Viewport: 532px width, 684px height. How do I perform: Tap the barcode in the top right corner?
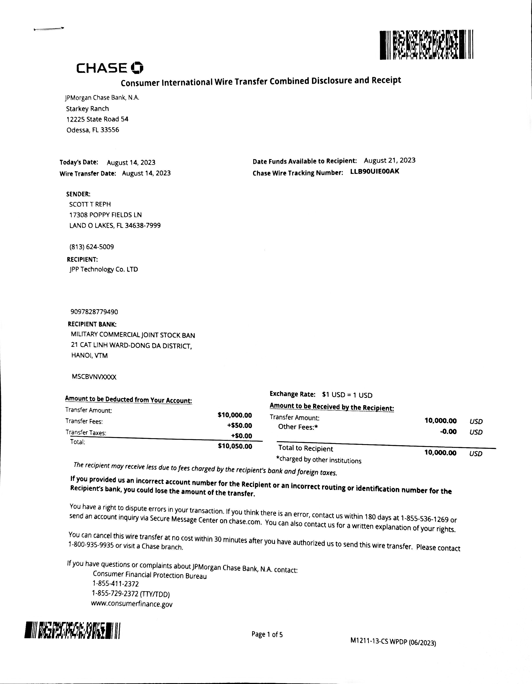click(x=426, y=45)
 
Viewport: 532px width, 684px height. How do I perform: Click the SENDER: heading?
click(x=78, y=194)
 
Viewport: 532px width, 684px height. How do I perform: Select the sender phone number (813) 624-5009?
click(x=92, y=247)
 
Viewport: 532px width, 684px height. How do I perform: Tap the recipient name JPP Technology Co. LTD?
click(x=104, y=269)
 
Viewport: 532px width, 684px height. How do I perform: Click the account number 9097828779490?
click(x=94, y=312)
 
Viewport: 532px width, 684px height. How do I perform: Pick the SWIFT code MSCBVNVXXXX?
click(x=94, y=377)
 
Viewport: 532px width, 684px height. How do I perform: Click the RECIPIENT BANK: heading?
click(x=92, y=324)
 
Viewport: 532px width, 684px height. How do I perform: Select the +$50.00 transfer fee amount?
click(x=240, y=425)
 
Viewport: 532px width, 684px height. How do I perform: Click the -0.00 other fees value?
click(x=448, y=432)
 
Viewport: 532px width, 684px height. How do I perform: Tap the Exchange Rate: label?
click(x=292, y=394)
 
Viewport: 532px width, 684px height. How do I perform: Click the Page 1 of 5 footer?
click(x=267, y=634)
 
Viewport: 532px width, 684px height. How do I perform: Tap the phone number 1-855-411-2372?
click(x=115, y=584)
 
